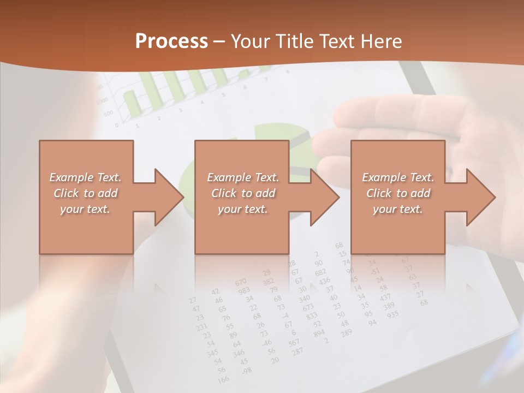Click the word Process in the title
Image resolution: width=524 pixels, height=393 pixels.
pyautogui.click(x=171, y=41)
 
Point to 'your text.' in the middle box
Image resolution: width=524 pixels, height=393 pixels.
pyautogui.click(x=242, y=209)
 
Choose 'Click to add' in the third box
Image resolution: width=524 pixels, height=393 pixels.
pyautogui.click(x=398, y=193)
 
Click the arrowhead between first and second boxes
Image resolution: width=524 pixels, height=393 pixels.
pyautogui.click(x=166, y=197)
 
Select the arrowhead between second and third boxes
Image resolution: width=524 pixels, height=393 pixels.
pyautogui.click(x=322, y=197)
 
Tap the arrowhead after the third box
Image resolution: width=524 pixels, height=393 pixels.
pyautogui.click(x=478, y=197)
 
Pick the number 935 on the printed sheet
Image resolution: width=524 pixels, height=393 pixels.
pyautogui.click(x=392, y=314)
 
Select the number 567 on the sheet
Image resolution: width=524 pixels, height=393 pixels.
pyautogui.click(x=294, y=342)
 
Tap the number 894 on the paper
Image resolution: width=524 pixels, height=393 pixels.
pyautogui.click(x=319, y=333)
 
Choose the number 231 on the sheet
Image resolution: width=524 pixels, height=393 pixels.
pyautogui.click(x=202, y=327)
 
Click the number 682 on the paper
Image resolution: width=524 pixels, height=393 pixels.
pyautogui.click(x=320, y=272)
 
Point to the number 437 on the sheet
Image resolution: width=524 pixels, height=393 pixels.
pyautogui.click(x=385, y=297)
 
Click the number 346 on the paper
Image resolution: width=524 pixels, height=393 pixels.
pyautogui.click(x=238, y=353)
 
